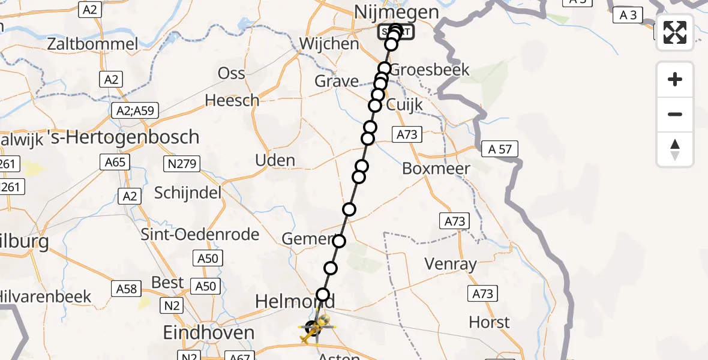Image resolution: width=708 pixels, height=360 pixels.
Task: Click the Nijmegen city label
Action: [397, 12]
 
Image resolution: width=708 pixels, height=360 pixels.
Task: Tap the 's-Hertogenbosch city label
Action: [131, 137]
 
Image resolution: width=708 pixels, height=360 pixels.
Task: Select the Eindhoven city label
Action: [209, 332]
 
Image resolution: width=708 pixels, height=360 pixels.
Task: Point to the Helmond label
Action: [295, 301]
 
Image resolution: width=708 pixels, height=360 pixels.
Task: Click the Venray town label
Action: [450, 263]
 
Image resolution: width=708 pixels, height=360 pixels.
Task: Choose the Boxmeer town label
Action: [436, 169]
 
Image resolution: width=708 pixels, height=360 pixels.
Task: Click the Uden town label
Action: [275, 160]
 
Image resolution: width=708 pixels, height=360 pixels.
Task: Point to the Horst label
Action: [489, 322]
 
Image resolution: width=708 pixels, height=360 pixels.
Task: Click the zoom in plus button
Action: [675, 79]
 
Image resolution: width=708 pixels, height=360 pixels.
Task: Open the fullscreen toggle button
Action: [675, 32]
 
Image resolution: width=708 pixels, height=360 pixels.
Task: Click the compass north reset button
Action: [675, 149]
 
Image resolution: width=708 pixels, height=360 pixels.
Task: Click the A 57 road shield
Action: [500, 149]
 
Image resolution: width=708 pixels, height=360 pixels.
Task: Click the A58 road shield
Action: [127, 289]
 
